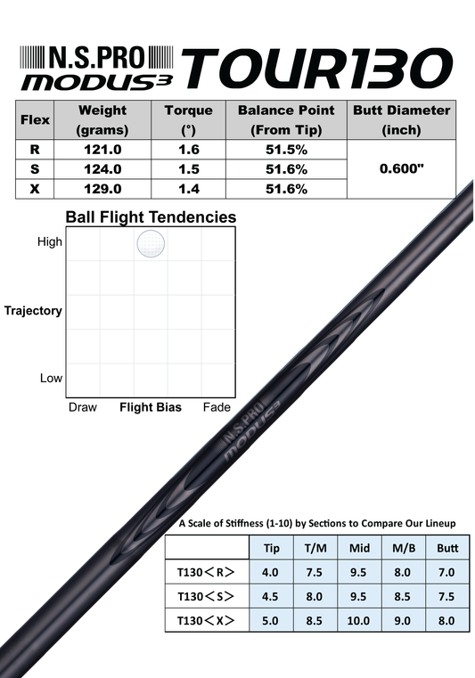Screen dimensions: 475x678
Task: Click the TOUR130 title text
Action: tap(317, 69)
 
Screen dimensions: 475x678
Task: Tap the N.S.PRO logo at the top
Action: tap(97, 58)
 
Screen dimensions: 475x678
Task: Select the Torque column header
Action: tap(189, 119)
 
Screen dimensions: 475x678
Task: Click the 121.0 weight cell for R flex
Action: tap(102, 150)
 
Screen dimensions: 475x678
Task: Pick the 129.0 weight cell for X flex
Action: tap(102, 189)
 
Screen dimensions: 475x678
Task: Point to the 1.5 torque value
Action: tap(189, 169)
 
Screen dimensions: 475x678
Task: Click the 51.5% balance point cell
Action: tap(286, 150)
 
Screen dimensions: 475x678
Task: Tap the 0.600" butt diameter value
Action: tap(401, 168)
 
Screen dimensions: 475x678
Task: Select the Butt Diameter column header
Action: tap(401, 119)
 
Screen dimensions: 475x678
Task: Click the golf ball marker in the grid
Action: tap(151, 243)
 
